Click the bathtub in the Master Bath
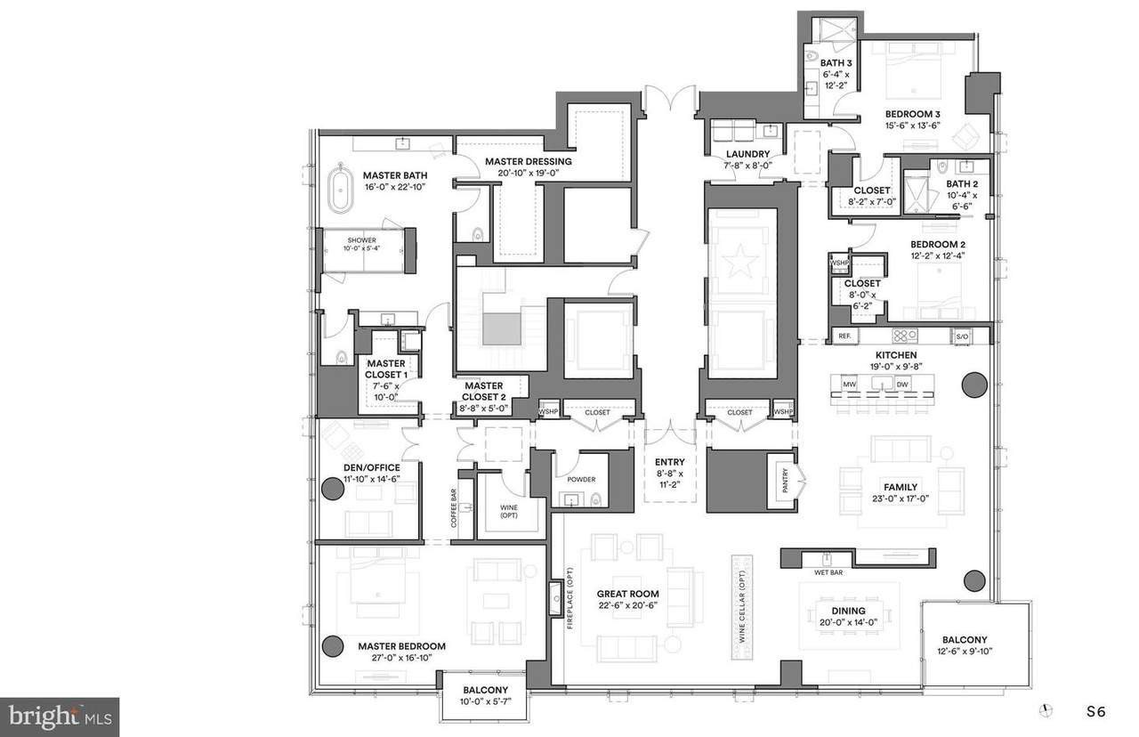339,188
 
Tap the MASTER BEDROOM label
401,646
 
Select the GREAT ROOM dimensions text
627,606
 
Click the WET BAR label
827,572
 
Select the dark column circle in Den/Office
333,488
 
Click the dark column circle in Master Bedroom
333,646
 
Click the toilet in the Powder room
595,498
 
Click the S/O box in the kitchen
961,336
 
